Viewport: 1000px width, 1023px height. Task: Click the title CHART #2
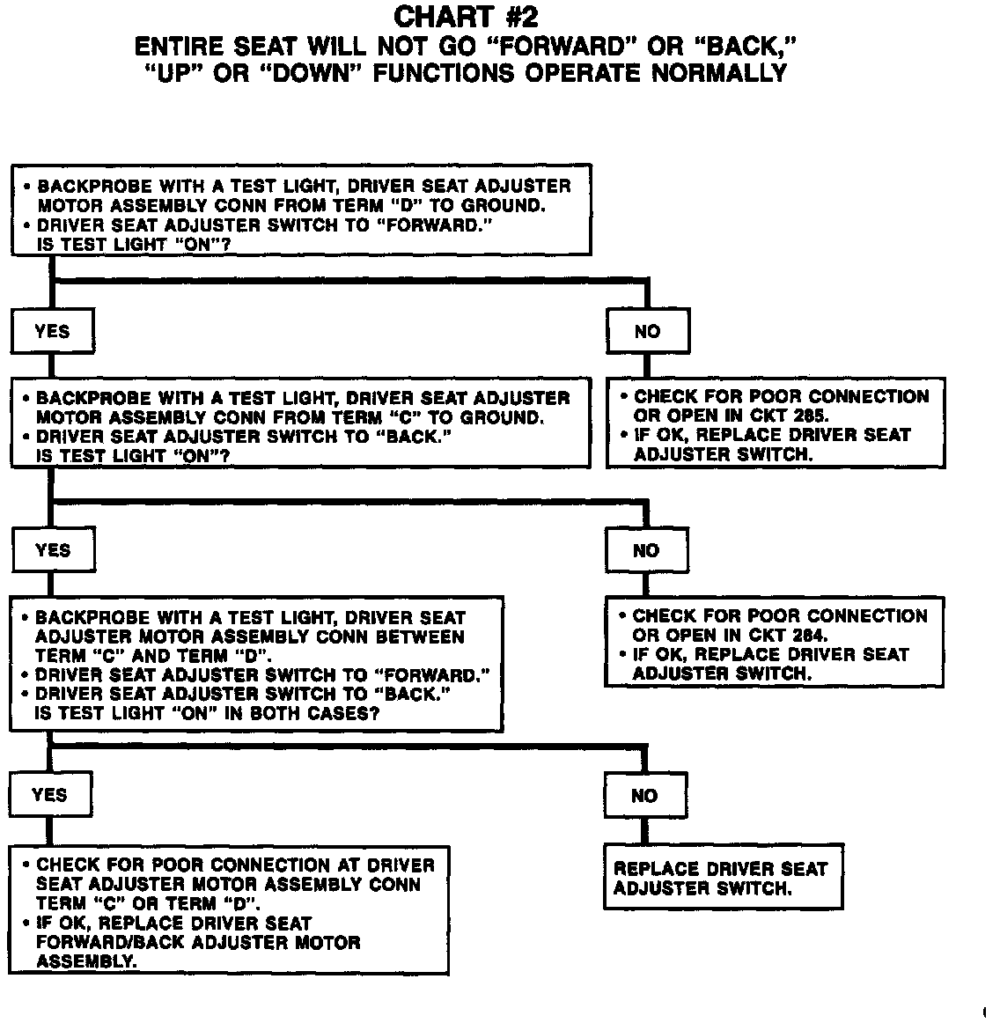click(466, 16)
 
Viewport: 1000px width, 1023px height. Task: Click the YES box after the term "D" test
click(52, 332)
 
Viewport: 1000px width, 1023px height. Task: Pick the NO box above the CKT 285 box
click(647, 332)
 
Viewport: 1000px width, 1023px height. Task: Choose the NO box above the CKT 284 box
click(646, 551)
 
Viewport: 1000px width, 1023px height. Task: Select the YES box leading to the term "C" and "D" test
click(52, 551)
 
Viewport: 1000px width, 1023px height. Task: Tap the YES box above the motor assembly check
click(49, 795)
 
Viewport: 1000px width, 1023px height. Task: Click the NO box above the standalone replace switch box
click(644, 796)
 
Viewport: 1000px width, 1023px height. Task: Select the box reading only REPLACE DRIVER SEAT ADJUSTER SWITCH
click(722, 878)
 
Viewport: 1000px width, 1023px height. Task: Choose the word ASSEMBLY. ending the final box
click(86, 961)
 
